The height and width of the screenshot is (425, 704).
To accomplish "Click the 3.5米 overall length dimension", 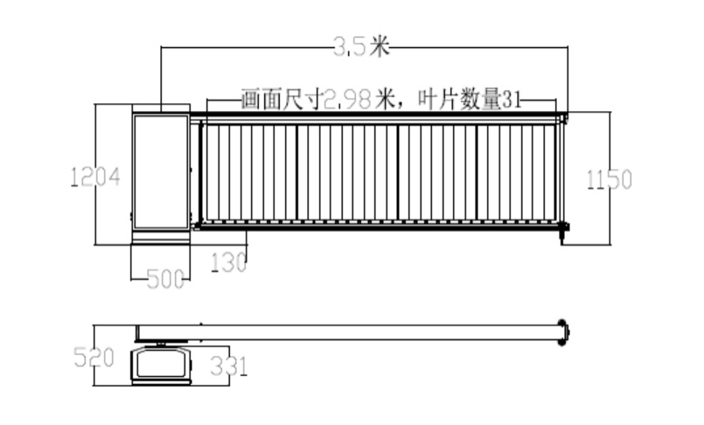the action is [361, 45].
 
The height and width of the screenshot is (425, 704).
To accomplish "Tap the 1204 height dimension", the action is [95, 177].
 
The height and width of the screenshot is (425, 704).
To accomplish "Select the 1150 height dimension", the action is [610, 179].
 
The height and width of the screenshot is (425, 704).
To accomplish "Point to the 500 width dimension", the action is [165, 279].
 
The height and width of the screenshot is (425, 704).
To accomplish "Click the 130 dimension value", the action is [229, 262].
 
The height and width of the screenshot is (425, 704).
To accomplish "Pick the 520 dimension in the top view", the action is [94, 358].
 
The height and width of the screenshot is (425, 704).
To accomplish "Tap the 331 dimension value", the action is [228, 366].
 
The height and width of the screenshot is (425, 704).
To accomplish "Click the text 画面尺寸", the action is [282, 100].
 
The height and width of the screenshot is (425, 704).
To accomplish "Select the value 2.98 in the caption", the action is [347, 100].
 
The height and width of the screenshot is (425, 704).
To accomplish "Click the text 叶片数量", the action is [459, 100].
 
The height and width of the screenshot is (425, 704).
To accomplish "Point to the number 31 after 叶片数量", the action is [512, 100].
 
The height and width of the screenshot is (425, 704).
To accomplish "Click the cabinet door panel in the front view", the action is [161, 172].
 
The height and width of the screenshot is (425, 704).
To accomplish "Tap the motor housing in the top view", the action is [161, 365].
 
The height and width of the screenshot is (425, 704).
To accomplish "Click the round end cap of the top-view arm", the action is [563, 332].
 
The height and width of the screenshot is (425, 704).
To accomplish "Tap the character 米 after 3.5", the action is [379, 45].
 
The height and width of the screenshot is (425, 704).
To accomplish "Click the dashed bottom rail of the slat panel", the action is [379, 222].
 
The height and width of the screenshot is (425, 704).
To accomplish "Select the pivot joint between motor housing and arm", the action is [161, 344].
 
